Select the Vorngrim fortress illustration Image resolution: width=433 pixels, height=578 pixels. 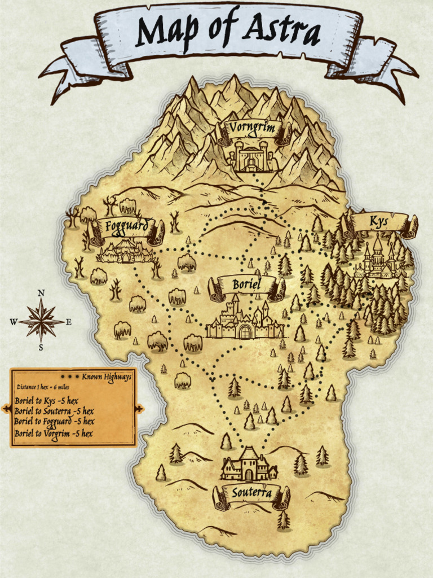pos(251,156)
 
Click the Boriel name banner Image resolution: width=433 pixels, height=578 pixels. pos(246,285)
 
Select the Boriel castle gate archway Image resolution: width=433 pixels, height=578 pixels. pos(245,331)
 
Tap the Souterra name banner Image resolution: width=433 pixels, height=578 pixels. pos(251,493)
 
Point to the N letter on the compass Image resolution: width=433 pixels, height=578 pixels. pos(41,293)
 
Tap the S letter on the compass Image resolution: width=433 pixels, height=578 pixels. pos(41,348)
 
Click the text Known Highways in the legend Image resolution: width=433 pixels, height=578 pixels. pos(106,376)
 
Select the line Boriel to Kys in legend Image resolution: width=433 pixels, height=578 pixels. pos(46,401)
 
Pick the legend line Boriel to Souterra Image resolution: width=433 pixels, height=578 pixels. pos(54,411)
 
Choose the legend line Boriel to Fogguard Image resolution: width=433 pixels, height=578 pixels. pos(55,422)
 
